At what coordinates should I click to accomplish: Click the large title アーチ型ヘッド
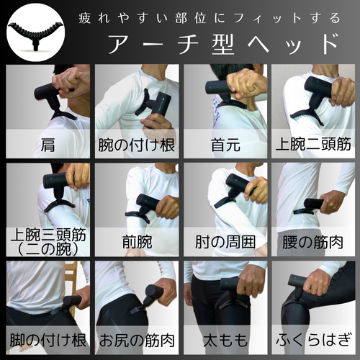pos(222,44)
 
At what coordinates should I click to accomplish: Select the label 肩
pos(48,143)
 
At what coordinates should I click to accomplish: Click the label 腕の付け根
pos(137,143)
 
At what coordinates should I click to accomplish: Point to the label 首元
pos(225,143)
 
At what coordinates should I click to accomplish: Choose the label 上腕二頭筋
pos(314,143)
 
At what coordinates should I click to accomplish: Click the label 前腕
pos(137,240)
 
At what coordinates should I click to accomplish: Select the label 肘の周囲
pos(225,240)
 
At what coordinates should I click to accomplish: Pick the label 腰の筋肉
pos(314,240)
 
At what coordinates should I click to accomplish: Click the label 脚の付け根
pos(48,338)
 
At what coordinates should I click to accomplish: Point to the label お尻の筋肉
pos(137,338)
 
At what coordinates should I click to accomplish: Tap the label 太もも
pos(225,338)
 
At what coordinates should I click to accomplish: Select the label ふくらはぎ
pos(314,338)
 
